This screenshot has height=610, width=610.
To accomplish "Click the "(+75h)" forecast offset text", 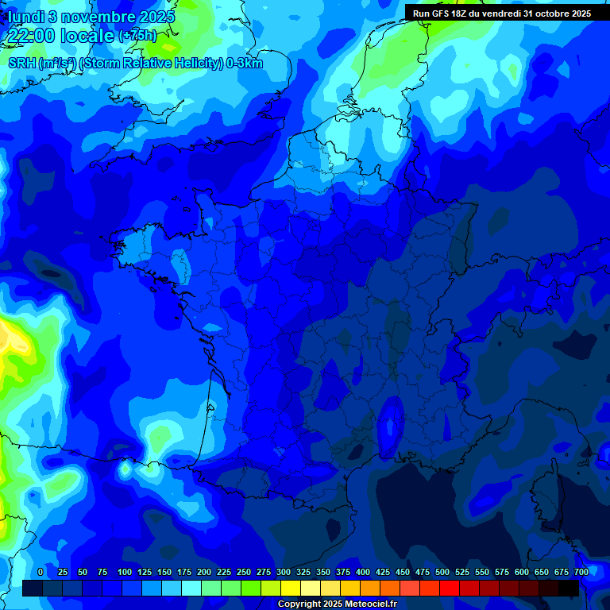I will (x=137, y=36).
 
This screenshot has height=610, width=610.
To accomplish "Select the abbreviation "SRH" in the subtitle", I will (x=21, y=64).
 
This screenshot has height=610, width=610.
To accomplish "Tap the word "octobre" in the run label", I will (x=548, y=14).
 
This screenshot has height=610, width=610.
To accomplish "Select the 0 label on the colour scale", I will (x=41, y=573).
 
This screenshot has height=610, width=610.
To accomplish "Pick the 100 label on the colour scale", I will (x=125, y=573).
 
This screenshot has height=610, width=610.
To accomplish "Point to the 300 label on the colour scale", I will (x=284, y=573).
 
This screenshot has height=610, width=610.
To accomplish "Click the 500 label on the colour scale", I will (x=442, y=573).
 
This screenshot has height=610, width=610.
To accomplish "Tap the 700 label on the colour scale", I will (x=581, y=573).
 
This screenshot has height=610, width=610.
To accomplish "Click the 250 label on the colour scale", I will (x=244, y=573).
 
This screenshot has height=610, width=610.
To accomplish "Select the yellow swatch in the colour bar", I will (x=291, y=588).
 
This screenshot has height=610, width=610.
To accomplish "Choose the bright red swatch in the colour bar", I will (x=450, y=588).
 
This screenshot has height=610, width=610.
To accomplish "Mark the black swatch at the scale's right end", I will (x=569, y=588).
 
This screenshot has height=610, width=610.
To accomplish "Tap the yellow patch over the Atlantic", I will (x=14, y=338).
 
